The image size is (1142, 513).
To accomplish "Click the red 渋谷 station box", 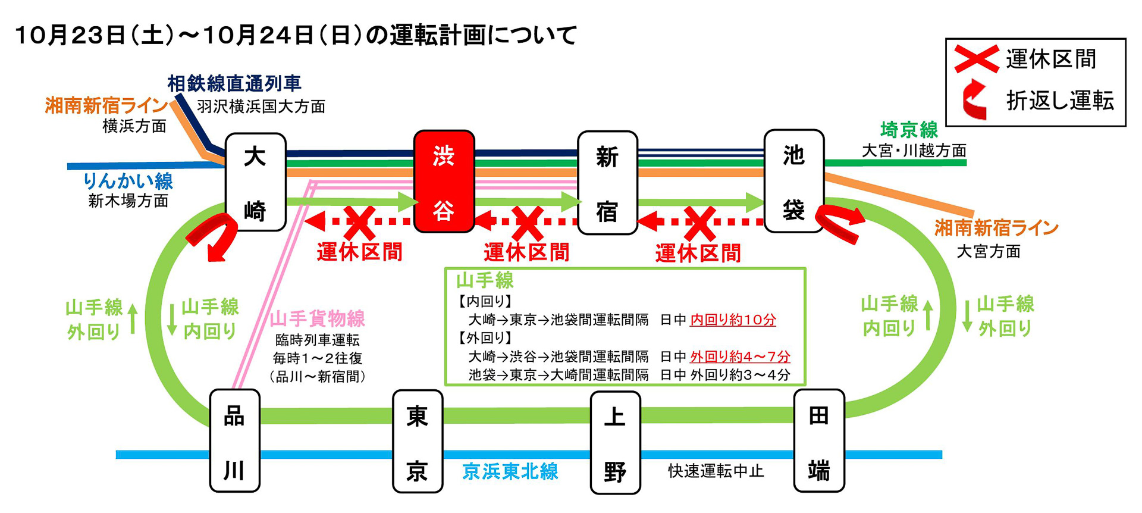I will tap(444, 181).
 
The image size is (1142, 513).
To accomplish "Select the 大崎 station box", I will tap(255, 182).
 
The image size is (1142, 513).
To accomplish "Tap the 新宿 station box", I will tap(607, 182).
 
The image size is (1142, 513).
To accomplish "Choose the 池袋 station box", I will tap(794, 181).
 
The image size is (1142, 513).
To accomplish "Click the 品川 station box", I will tap(234, 441).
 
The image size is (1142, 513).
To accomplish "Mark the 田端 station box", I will tap(819, 441).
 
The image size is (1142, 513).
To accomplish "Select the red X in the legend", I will tap(976, 59).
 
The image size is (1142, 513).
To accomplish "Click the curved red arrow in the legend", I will tap(975, 99).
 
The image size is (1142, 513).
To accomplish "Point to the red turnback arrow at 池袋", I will tap(839, 223).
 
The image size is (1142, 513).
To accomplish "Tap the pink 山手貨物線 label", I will tap(317, 319).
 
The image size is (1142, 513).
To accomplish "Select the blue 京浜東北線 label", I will tap(510, 471).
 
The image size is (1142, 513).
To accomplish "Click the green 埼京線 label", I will tap(909, 130).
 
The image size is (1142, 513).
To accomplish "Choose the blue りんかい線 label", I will tap(128, 181).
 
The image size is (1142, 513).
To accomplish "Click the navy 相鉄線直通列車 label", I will tap(234, 84).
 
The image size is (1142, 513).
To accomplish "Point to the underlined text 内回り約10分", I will tap(733, 320).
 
